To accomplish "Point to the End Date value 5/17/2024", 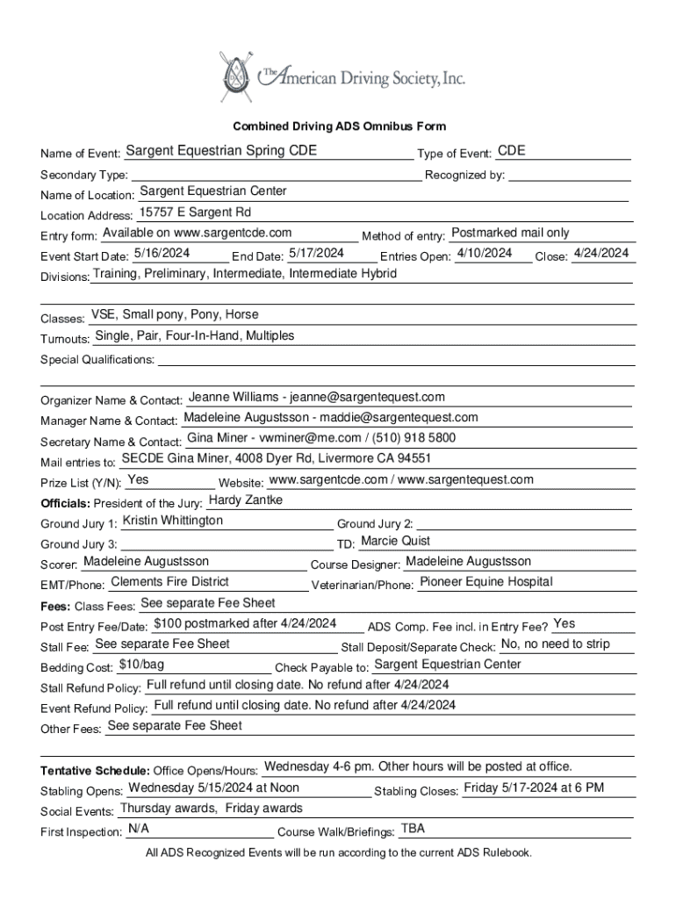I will tap(315, 253).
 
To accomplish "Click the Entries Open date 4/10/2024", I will tap(485, 253).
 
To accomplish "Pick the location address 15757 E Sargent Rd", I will tap(194, 212).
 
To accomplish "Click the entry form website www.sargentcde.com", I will tap(233, 233).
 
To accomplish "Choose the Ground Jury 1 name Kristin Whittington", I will tap(173, 521).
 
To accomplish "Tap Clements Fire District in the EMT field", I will tap(169, 581).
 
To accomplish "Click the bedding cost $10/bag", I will tap(140, 664).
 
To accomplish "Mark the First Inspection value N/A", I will tap(138, 828).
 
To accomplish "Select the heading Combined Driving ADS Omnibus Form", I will tap(339, 126).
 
